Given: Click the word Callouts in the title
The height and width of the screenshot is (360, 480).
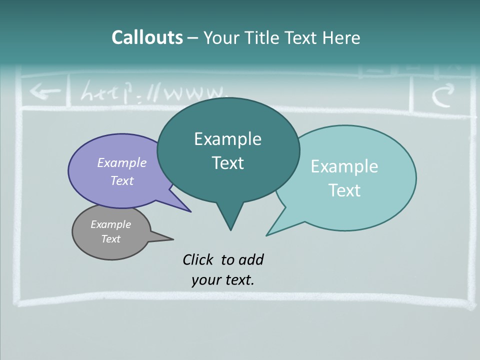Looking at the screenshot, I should click(147, 37).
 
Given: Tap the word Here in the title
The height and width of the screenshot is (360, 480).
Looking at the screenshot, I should click(341, 38).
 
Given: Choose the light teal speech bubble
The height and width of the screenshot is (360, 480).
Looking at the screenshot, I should click(380, 200).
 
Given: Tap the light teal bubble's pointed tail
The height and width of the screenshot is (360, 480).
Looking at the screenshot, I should click(277, 227).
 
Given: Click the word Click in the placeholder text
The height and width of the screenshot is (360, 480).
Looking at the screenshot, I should click(197, 259).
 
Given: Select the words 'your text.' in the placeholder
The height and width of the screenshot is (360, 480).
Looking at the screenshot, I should click(223, 280).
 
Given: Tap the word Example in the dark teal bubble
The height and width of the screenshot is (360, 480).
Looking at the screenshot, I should click(227, 138).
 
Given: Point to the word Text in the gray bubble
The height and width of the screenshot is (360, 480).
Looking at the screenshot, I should click(111, 239).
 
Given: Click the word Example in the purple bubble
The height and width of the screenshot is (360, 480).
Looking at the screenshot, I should click(122, 162).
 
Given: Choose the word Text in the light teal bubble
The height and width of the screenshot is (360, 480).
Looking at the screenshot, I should click(344, 190).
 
